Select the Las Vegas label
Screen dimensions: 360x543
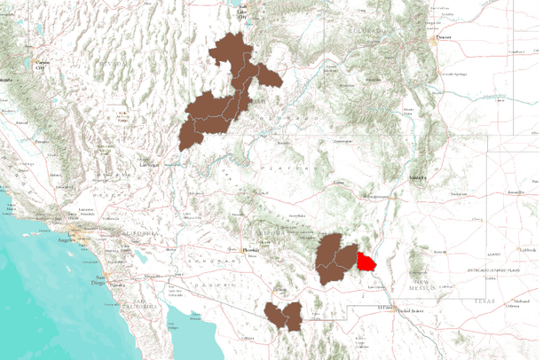(149, 164)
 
